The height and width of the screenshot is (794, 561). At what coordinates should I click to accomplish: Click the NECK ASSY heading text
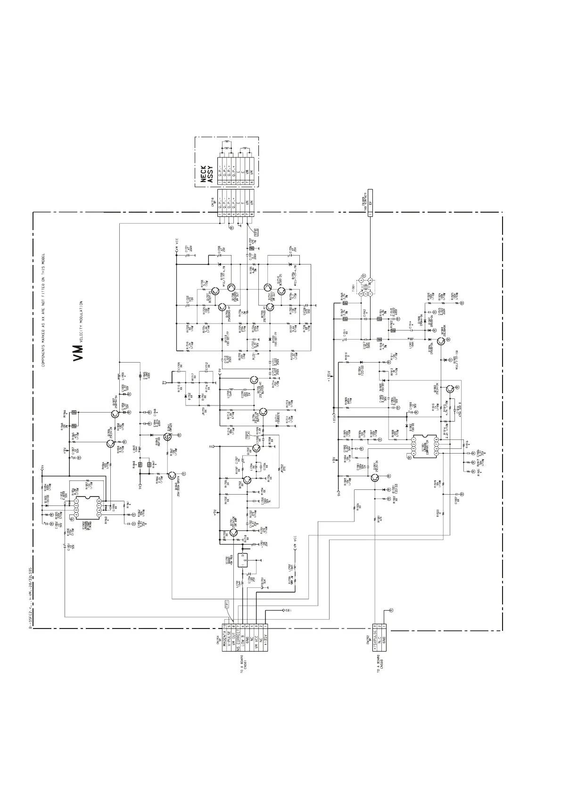point(207,174)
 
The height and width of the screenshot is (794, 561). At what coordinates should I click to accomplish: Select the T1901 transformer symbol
point(366,286)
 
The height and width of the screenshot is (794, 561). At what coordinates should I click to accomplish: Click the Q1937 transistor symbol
point(115,414)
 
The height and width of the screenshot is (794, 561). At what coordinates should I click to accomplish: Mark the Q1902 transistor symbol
point(451,389)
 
